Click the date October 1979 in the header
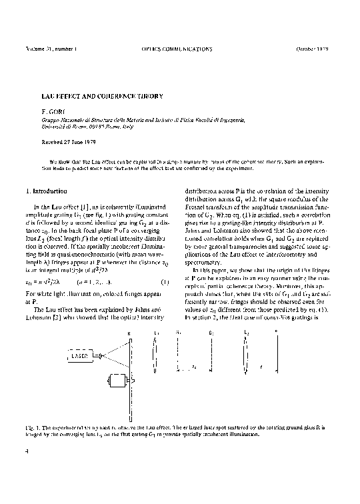pos(313,49)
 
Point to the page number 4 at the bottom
pos(27,451)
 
